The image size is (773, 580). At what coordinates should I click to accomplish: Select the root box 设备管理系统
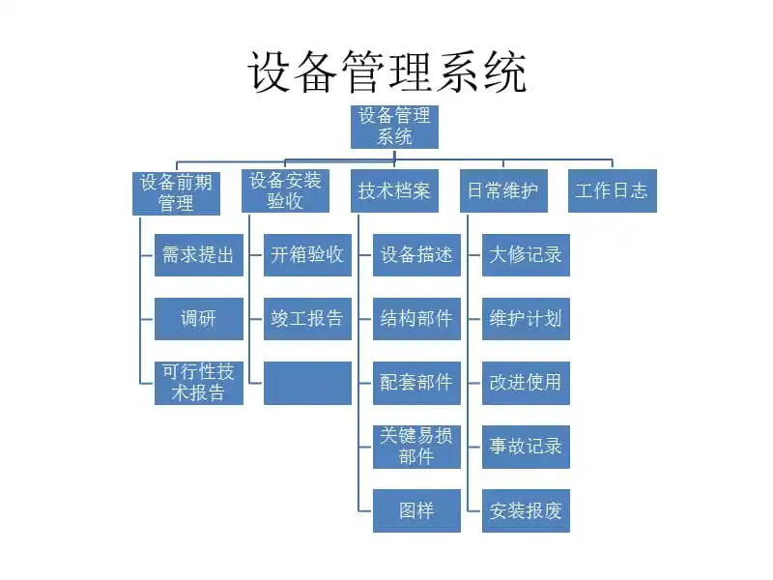point(394,127)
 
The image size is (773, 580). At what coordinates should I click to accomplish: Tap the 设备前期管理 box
point(176,192)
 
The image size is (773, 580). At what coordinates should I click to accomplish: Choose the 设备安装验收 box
point(285,190)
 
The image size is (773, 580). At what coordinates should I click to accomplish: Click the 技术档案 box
point(394,191)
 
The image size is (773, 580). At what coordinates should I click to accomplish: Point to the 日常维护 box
point(503,191)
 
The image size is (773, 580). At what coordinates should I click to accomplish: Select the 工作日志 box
point(612,191)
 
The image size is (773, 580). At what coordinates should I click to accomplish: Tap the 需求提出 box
point(198,255)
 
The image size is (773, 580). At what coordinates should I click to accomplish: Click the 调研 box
point(198,319)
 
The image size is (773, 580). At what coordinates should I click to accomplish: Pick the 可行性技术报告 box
point(198,383)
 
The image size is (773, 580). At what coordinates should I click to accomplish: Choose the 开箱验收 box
point(307,255)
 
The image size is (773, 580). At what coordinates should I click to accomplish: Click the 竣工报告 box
point(307,319)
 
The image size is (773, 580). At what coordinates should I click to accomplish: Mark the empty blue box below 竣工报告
point(307,383)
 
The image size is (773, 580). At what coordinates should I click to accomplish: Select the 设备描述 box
point(416,255)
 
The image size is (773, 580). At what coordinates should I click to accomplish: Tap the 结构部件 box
point(416,319)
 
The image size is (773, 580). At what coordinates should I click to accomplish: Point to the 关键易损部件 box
point(416,447)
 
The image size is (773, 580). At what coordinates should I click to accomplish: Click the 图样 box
point(416,510)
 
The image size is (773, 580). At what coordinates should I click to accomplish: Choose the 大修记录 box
point(526,255)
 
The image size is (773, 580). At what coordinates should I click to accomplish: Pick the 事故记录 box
point(526,447)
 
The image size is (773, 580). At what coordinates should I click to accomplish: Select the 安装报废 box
point(526,510)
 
